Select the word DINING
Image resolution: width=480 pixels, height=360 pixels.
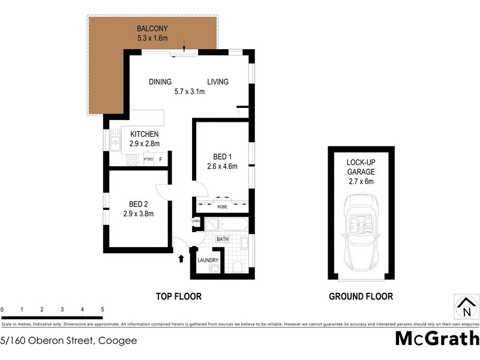click(160, 82)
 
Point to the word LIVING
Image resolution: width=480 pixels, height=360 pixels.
click(218, 82)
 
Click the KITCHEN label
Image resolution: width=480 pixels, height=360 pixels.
click(144, 134)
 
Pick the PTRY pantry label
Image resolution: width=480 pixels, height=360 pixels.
click(148, 160)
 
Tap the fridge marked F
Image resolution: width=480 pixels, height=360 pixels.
click(161, 160)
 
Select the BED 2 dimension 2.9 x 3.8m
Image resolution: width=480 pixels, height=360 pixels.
click(139, 213)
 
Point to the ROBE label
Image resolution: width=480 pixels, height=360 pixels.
click(222, 206)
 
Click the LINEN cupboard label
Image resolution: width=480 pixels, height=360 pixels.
click(196, 221)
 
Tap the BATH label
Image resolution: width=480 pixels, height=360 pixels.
click(223, 239)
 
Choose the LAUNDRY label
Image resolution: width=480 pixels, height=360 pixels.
click(208, 260)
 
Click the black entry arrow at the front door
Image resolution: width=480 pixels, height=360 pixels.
click(181, 259)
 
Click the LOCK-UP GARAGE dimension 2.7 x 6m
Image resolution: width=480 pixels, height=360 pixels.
click(361, 182)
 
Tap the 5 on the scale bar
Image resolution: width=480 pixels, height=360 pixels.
click(103, 310)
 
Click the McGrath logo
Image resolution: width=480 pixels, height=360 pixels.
click(437, 338)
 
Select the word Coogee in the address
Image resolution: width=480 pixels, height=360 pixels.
click(118, 341)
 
